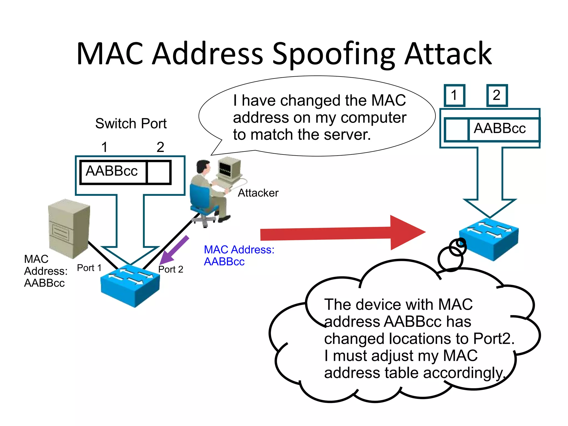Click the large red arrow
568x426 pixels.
[341, 233]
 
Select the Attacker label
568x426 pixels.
[258, 193]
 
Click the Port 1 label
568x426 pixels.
[89, 268]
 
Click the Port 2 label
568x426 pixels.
[171, 269]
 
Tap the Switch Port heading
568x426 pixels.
[131, 123]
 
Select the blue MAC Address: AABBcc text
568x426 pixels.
[239, 255]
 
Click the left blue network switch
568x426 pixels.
[130, 286]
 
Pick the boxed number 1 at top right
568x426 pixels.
[454, 95]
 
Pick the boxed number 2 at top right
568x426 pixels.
[497, 95]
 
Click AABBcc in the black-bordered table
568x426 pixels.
[112, 171]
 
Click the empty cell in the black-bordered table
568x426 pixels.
[158, 172]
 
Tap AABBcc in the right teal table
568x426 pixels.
[500, 129]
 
